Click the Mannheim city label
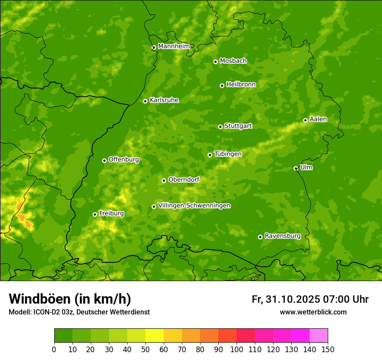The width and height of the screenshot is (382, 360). coord(174,46)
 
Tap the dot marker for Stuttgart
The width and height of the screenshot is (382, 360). coord(220,127)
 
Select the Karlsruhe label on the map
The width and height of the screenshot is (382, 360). coord(164,100)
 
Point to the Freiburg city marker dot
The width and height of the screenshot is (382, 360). coord(95,214)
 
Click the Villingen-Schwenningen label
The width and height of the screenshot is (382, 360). coord(194,206)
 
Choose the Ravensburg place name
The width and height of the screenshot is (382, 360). coord(283,236)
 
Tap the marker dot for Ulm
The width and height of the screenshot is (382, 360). coord(296,168)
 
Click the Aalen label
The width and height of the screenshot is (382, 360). coord(318,119)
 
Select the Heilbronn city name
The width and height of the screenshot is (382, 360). coord(241,85)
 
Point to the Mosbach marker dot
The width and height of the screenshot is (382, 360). coord(215,62)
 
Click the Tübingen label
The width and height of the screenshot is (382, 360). coord(228,154)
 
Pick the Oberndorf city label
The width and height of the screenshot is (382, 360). coord(184,180)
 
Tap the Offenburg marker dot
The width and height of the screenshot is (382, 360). coord(104,160)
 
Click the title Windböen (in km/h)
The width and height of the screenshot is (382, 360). coord(70,299)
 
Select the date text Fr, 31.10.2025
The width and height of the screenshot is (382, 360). coord(286,299)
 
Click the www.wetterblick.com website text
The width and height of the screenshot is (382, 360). coord(313,312)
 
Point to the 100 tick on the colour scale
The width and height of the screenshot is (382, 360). coord(237,350)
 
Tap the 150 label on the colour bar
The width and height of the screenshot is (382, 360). coord(328,350)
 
